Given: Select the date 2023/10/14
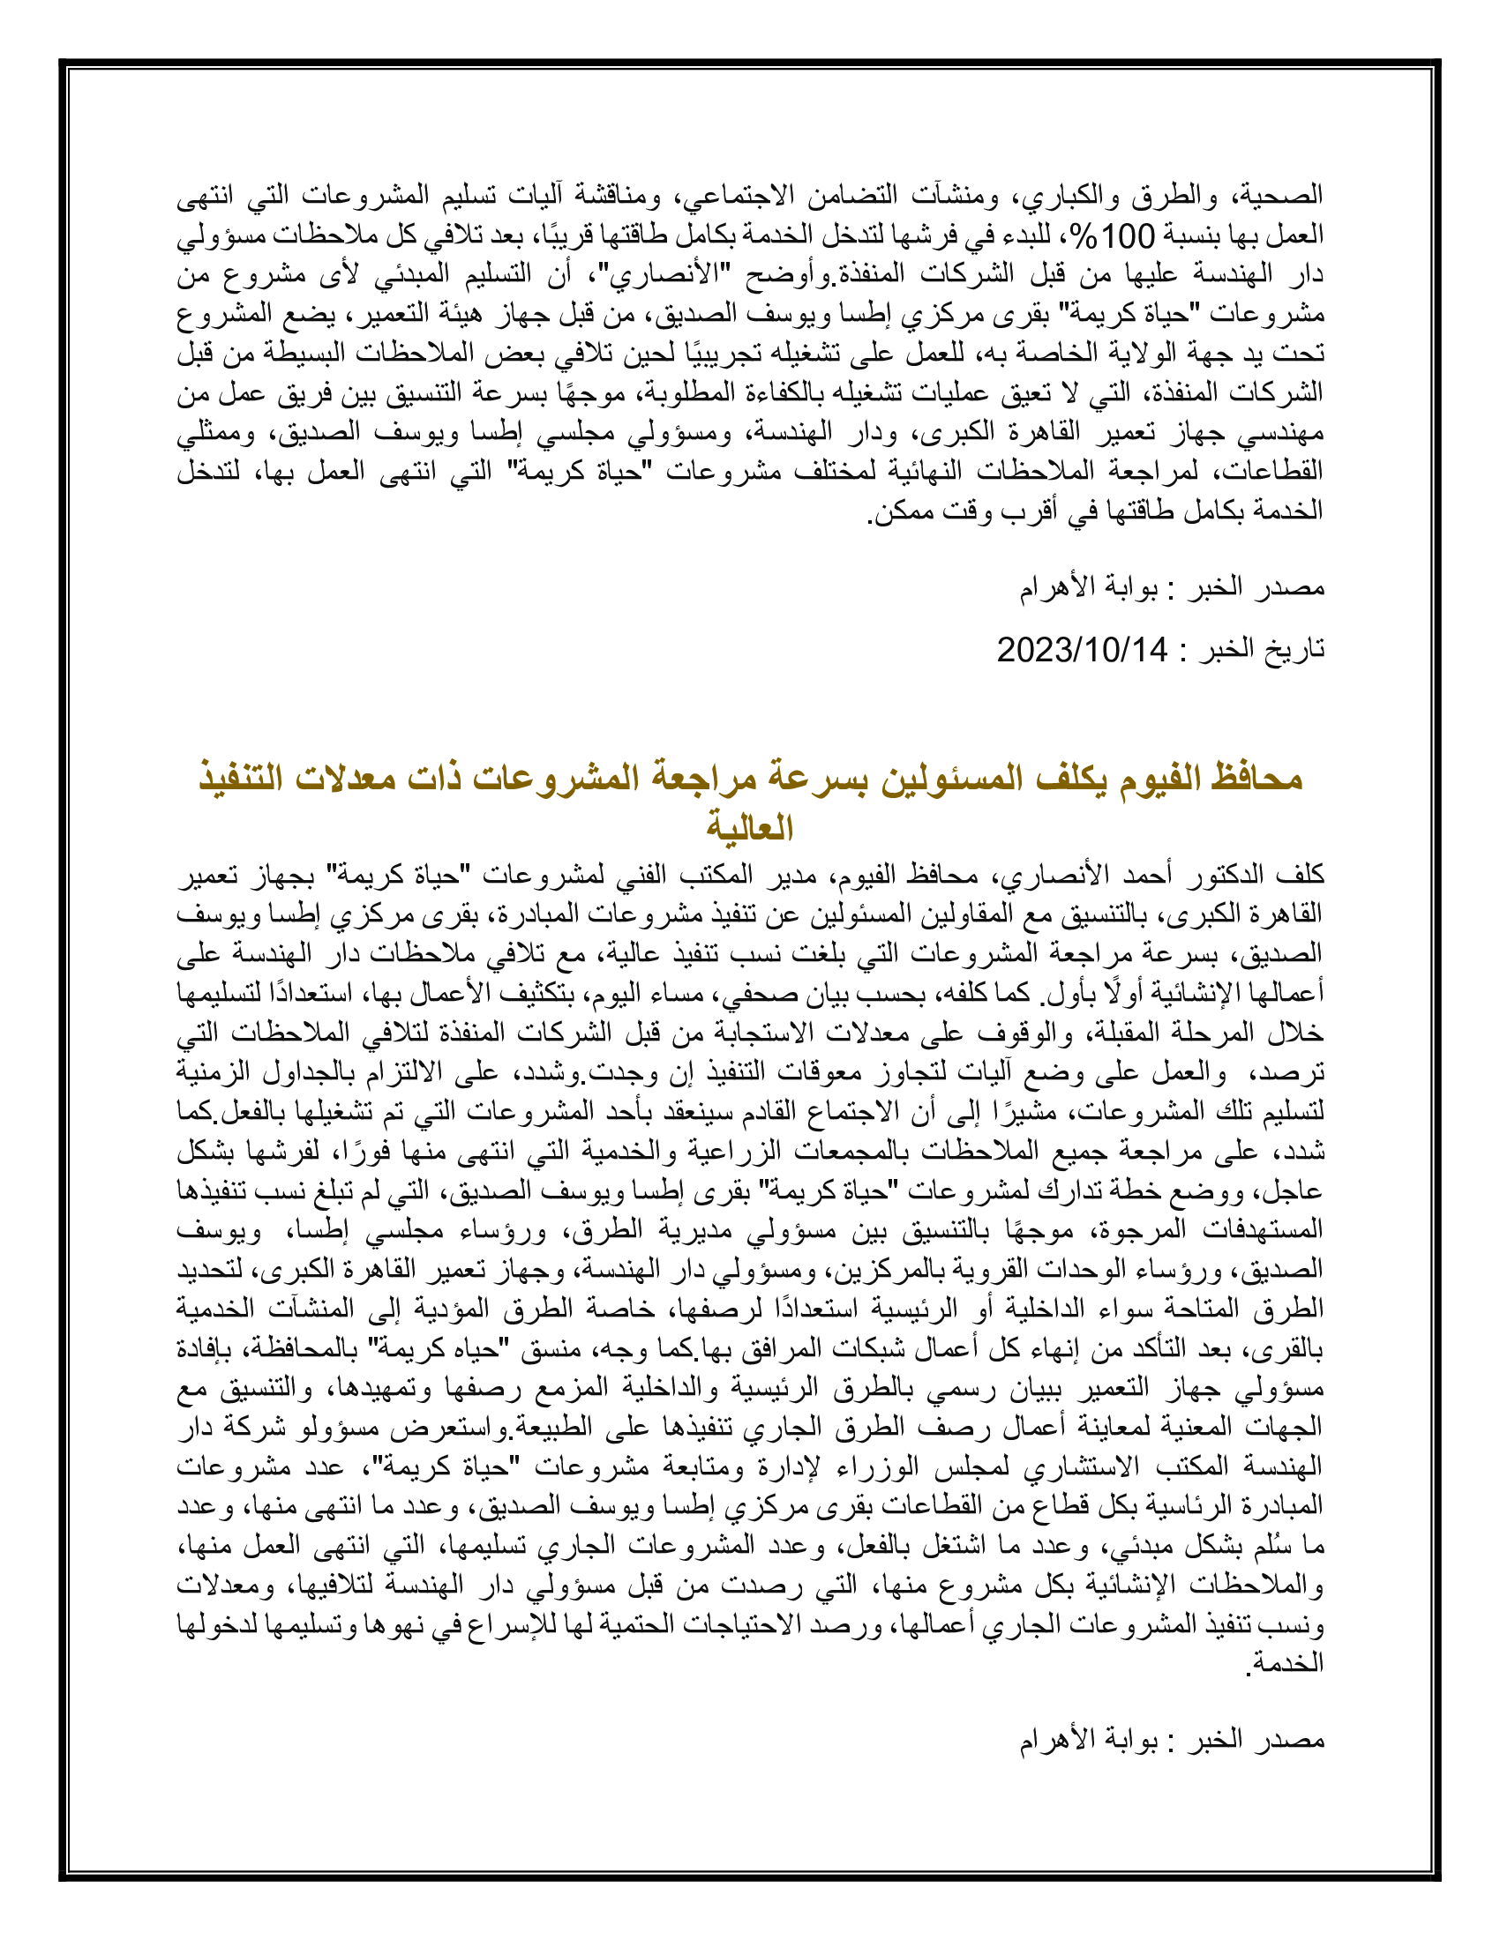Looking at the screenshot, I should click(x=1082, y=650).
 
